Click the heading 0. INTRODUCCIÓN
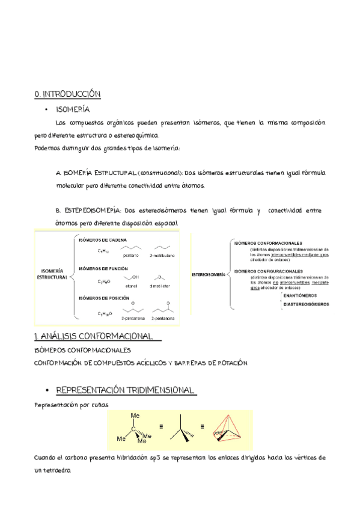(68, 94)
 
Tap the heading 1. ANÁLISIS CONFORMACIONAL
(96, 336)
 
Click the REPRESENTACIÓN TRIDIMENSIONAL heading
(125, 390)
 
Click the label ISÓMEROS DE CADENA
(99, 240)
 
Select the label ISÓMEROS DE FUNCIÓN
(100, 268)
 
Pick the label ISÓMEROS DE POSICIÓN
(100, 298)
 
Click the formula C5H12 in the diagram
(103, 251)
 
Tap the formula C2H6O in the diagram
(104, 281)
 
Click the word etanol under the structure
(130, 285)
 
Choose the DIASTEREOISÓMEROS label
(306, 304)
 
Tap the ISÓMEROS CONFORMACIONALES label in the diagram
(268, 242)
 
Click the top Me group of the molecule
(135, 416)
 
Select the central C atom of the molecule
(135, 429)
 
